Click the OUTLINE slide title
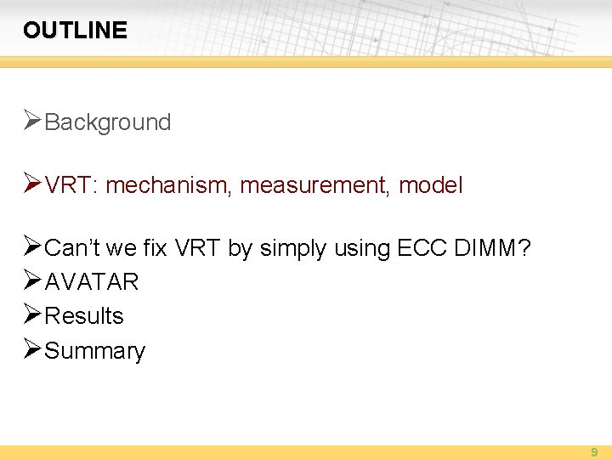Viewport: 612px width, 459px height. (75, 31)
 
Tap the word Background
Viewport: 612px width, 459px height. (107, 122)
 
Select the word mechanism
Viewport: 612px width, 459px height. (167, 185)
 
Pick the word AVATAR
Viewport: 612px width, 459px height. (91, 281)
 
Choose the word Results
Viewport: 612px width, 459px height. (83, 316)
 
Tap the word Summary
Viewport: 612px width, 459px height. (94, 351)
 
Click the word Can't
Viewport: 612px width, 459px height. (71, 248)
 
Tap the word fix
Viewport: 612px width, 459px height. (155, 248)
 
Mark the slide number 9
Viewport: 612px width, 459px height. (594, 452)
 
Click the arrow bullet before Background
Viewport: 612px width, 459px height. (32, 121)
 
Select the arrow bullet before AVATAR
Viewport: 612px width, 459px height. (32, 280)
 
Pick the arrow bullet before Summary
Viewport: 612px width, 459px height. (32, 349)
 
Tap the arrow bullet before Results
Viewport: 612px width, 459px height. (32, 314)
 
